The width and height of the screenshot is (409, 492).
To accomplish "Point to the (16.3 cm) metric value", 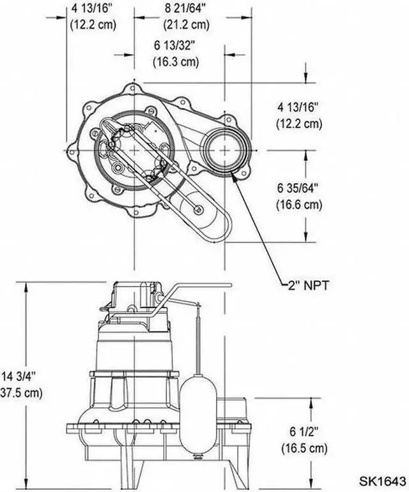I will click(175, 63).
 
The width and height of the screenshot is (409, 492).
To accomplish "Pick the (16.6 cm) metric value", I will click(298, 204).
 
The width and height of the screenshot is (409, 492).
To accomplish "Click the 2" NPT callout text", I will click(307, 285).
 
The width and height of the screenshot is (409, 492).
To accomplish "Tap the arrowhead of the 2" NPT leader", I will click(236, 176).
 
